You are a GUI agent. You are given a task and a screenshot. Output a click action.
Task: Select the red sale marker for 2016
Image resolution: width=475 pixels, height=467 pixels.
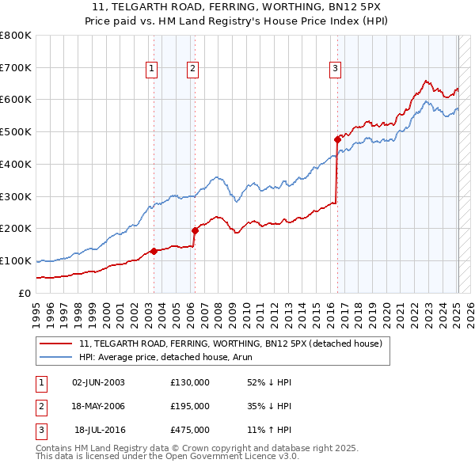(337, 139)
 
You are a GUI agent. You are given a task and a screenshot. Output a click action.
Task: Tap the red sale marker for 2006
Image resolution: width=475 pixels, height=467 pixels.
(195, 230)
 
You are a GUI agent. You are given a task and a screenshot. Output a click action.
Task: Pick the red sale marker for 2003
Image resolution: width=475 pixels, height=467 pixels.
(154, 251)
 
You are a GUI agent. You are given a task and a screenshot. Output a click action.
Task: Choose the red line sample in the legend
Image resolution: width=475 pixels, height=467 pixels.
(55, 344)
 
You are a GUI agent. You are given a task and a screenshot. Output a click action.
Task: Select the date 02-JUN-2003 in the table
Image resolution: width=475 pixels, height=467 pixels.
(98, 382)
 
